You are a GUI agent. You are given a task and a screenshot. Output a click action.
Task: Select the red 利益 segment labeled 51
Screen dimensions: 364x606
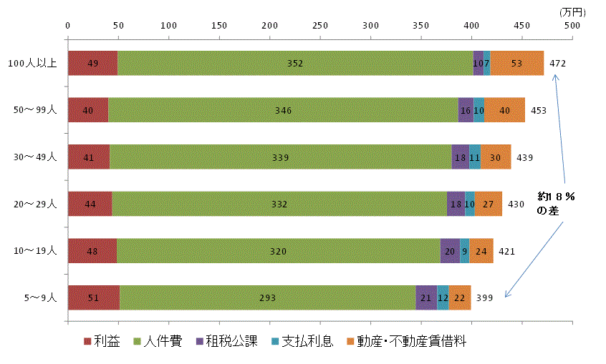[94, 297]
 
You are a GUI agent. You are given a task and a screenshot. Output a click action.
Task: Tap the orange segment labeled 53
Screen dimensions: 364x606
[516, 63]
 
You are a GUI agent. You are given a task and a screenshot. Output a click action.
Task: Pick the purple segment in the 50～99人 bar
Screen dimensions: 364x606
[466, 110]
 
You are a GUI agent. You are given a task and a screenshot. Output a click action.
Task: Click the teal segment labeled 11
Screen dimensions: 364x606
[475, 157]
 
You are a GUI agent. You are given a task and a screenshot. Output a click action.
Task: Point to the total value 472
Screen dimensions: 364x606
[558, 64]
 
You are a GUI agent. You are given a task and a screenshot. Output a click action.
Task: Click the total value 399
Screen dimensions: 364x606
[485, 298]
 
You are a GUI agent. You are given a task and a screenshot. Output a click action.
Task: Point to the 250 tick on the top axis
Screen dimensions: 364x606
[320, 26]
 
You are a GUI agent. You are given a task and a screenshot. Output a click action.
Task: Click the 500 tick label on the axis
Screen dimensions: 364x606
[572, 26]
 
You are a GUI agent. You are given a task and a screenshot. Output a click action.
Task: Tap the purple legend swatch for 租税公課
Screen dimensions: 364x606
[200, 341]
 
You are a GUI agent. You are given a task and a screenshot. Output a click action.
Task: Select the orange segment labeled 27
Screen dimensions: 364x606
[489, 204]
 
